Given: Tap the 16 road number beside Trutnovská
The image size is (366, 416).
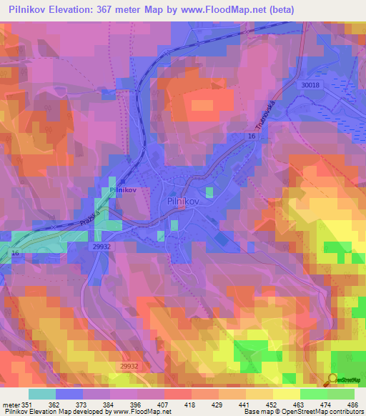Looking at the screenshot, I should (252, 136).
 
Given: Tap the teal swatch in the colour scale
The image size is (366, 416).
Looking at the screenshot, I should (42, 394).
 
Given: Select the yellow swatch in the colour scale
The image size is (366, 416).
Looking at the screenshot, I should (286, 394).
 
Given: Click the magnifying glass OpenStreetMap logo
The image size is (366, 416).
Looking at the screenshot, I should (332, 379).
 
